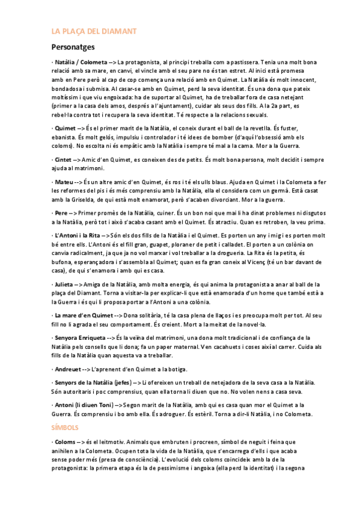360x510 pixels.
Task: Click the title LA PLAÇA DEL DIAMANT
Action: coord(94,31)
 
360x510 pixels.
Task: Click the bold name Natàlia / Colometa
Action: coord(81,61)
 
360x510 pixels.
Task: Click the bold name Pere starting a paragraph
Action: coord(61,214)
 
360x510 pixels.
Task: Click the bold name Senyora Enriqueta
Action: coord(83,337)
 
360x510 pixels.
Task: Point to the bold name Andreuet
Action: coord(67,369)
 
